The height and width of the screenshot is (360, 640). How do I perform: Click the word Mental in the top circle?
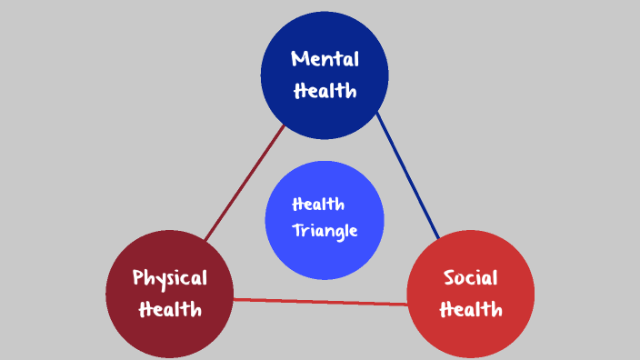click(325, 59)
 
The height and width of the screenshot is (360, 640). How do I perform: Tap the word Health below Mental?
click(325, 90)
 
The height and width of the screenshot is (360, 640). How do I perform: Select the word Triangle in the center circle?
click(325, 231)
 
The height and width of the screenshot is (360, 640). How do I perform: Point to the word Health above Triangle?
click(318, 204)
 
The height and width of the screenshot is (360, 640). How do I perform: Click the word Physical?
click(170, 277)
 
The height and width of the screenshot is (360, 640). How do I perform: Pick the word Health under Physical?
click(170, 309)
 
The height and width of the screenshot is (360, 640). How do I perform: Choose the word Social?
click(470, 277)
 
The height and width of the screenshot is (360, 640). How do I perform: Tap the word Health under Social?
click(471, 309)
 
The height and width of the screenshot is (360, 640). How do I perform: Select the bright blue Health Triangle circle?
click(325, 259)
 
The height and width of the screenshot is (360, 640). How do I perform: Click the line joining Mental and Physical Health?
click(244, 184)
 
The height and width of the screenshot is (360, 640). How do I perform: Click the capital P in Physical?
click(138, 277)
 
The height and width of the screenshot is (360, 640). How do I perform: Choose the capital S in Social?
click(449, 277)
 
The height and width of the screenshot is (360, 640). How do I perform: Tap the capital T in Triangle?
click(297, 230)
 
